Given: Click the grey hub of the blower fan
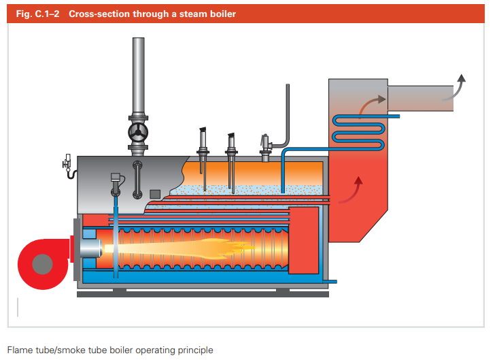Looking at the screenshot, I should click(x=43, y=263).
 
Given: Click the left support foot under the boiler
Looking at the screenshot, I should click(x=119, y=291).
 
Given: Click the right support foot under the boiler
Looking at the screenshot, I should click(x=283, y=291).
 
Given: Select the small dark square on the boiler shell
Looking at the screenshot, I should click(x=155, y=194).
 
